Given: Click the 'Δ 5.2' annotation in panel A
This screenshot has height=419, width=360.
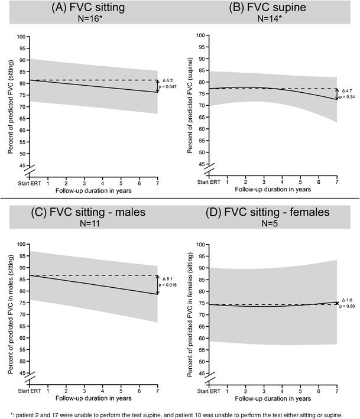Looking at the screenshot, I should click(x=168, y=80).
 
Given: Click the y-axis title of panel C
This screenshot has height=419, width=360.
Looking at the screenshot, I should click(x=11, y=309).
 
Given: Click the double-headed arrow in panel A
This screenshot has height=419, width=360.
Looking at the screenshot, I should click(x=158, y=86).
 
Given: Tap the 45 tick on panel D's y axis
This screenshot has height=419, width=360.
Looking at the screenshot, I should click(x=201, y=373).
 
